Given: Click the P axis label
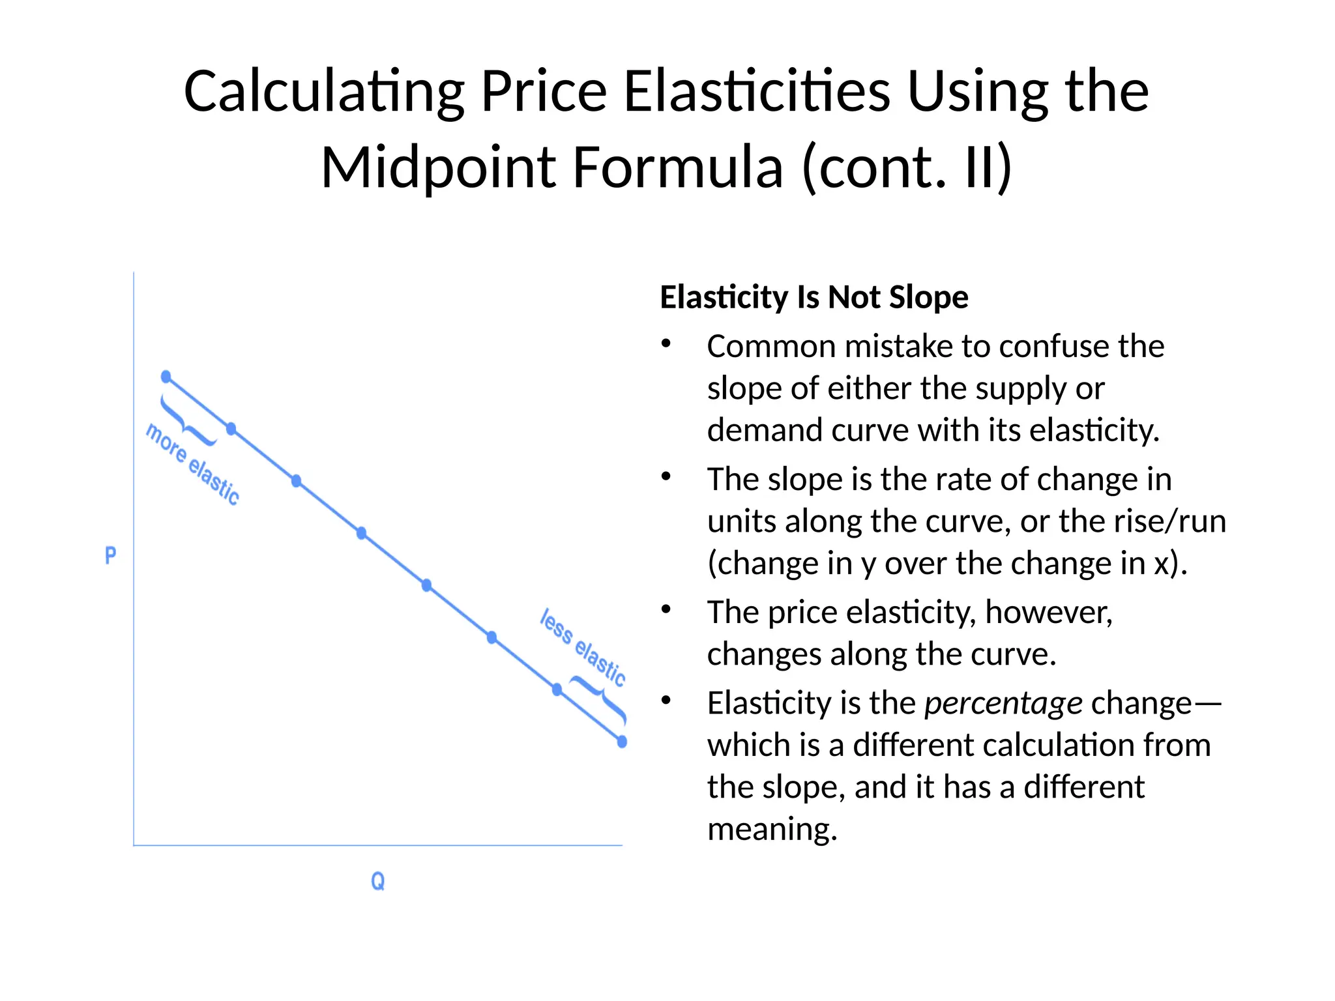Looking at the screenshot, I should pos(111,556).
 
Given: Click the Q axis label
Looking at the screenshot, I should pos(377,881).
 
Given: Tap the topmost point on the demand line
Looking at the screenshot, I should pos(166,377).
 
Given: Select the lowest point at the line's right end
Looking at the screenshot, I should pos(622,742).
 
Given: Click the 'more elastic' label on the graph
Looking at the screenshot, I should pos(192,464).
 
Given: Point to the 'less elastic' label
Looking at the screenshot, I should pos(583,647).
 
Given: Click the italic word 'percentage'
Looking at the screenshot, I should pos(1003,703).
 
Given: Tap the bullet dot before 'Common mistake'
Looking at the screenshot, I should pos(666,343).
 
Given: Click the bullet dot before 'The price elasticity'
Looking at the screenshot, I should pos(666,609).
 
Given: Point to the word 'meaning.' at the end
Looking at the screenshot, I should pos(772,829).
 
